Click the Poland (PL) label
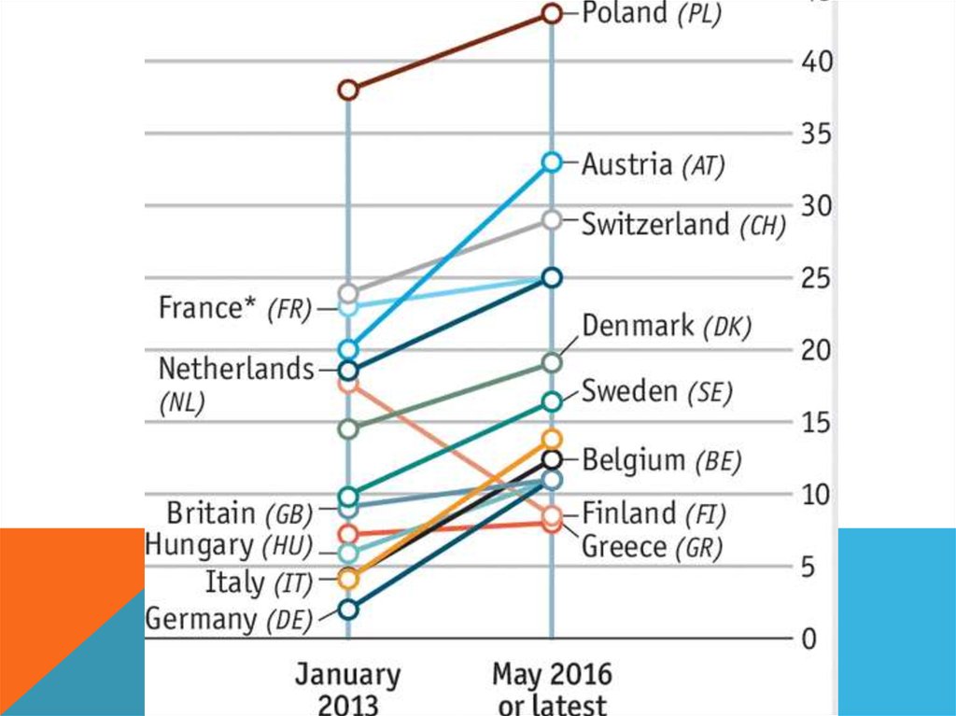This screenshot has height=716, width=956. pyautogui.click(x=652, y=14)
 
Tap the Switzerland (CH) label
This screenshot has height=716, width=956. pyautogui.click(x=683, y=224)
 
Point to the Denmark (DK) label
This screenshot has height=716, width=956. pyautogui.click(x=667, y=326)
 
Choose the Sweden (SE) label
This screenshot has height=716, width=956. pyautogui.click(x=656, y=391)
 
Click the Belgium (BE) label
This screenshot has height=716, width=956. pyautogui.click(x=661, y=460)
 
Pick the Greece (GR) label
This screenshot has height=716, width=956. pyautogui.click(x=652, y=547)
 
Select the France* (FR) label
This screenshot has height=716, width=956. pyautogui.click(x=234, y=308)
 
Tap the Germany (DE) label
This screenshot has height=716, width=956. pyautogui.click(x=229, y=619)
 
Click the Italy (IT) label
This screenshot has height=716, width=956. pyautogui.click(x=248, y=583)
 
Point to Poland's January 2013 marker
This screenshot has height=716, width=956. pyautogui.click(x=348, y=91)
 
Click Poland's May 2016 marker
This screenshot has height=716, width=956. pyautogui.click(x=552, y=13)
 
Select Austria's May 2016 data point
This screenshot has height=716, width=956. pyautogui.click(x=552, y=162)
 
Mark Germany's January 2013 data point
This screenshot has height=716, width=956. pyautogui.click(x=348, y=610)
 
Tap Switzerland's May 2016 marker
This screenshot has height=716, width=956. pyautogui.click(x=552, y=219)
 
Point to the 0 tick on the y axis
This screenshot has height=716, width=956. pyautogui.click(x=808, y=639)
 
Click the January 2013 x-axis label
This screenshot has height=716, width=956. pyautogui.click(x=348, y=688)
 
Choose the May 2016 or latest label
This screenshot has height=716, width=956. pyautogui.click(x=552, y=688)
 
